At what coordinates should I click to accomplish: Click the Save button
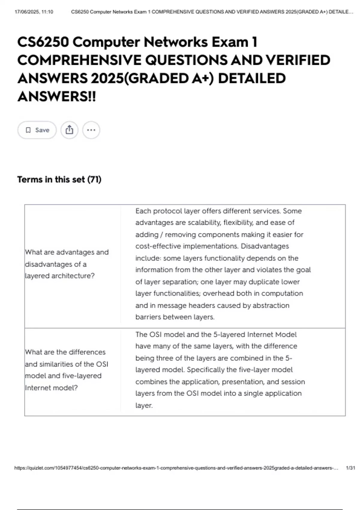37,130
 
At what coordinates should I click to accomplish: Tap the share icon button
69,130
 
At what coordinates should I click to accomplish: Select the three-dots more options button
91,130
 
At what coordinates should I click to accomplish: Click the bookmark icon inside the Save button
28,130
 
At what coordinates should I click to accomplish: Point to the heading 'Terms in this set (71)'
59,179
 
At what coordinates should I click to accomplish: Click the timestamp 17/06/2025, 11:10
34,12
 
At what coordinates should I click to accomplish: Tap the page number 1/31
350,468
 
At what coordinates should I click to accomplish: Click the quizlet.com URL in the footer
176,468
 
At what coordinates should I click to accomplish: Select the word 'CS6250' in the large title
43,42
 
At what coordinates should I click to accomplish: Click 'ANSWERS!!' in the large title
57,97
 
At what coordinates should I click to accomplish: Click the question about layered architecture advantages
67,264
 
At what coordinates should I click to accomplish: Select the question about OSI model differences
66,370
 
